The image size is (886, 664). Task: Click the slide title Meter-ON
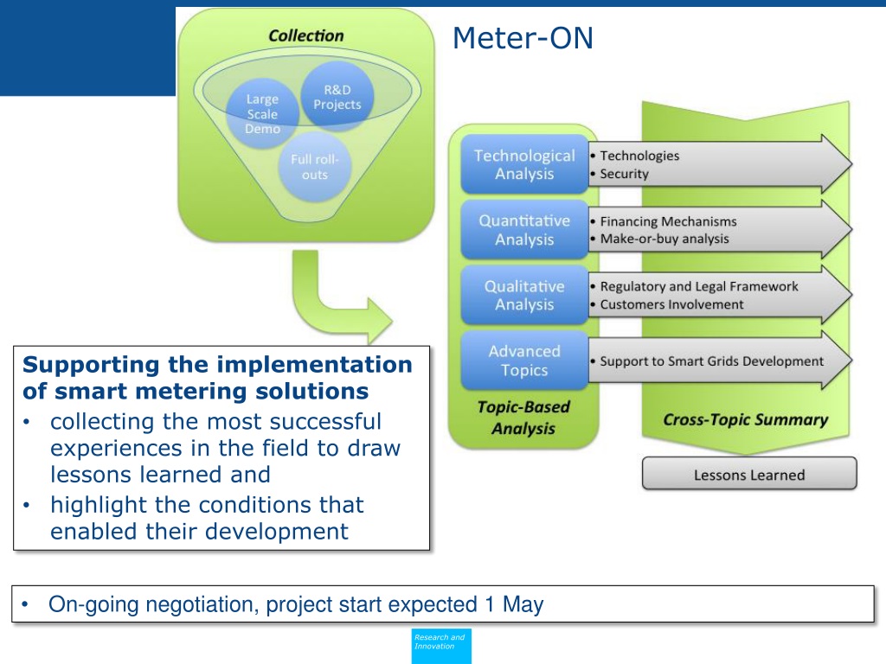pos(523,39)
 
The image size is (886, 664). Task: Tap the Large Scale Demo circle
pos(262,114)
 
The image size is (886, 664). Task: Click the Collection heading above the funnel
pos(305,36)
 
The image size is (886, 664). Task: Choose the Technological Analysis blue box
pos(524,164)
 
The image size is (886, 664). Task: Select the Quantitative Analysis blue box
pos(524,230)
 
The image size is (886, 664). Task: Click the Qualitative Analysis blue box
pos(524,295)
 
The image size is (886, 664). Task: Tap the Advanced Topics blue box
pos(524,361)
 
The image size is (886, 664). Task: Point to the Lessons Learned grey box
pos(749,475)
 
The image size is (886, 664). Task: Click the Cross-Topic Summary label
pos(745,420)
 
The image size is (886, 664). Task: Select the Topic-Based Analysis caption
pos(523,418)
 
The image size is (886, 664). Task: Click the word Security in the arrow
pos(624,174)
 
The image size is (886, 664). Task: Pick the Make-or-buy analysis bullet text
pos(664,239)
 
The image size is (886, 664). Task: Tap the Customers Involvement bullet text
pos(671,304)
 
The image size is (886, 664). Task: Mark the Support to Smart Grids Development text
pos(711,361)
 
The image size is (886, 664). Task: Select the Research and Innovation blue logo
pos(441,645)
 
